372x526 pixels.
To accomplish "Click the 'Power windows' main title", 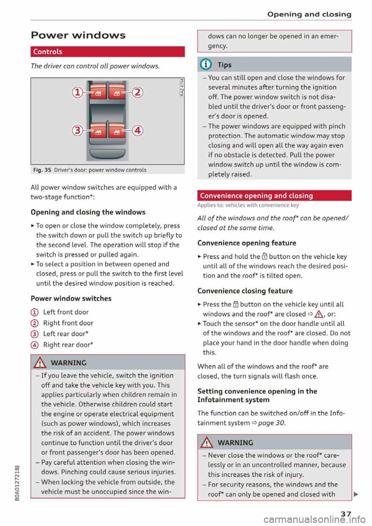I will tap(78, 35).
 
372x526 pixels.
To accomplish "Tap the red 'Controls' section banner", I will tap(107, 52).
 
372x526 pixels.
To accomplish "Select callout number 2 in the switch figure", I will tap(138, 92).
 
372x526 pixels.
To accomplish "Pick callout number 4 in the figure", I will tap(138, 131).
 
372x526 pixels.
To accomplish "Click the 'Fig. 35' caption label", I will tap(42, 170).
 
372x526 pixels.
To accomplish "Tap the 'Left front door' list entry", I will tap(65, 312).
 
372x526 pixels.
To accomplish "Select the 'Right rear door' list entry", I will tap(68, 345).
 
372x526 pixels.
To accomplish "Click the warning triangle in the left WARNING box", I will tap(40, 363).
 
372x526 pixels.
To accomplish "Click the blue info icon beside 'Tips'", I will tap(205, 65).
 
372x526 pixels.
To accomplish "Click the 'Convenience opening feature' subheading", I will tap(246, 243).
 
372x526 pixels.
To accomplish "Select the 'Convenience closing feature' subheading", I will tap(245, 291).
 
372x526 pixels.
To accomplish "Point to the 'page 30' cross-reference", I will tap(271, 423).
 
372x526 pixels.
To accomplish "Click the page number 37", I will tap(346, 514).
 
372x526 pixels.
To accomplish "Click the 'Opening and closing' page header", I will tap(309, 14).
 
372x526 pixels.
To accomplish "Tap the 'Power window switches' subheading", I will tap(71, 299).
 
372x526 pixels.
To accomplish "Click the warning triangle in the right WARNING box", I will tap(207, 442).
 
